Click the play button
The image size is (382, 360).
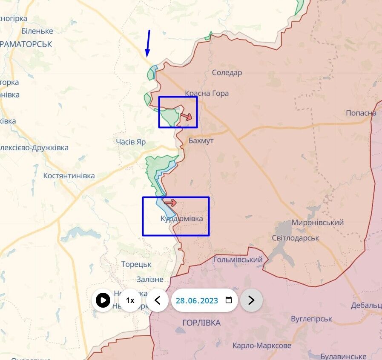coord(103,300)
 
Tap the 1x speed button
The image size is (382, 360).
coord(130,300)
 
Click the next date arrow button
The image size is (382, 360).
coord(251,300)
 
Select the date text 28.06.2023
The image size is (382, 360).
coord(197,300)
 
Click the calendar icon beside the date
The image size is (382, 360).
coord(229,300)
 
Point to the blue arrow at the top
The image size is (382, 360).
coord(148,43)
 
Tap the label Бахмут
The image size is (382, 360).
coord(201,140)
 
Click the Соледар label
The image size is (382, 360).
coord(227,73)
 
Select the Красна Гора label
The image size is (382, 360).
coord(207,94)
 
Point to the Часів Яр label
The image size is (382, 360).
coord(131,142)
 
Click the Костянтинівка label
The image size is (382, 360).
coord(69,176)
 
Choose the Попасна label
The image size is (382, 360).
coord(361,113)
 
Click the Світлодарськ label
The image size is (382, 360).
coord(296,238)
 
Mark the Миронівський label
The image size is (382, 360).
coord(318,223)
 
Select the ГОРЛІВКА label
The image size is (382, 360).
coord(201,323)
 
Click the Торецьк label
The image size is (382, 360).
coord(136,264)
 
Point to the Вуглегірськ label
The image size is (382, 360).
coord(311,319)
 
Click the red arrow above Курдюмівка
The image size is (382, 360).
coord(170,203)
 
